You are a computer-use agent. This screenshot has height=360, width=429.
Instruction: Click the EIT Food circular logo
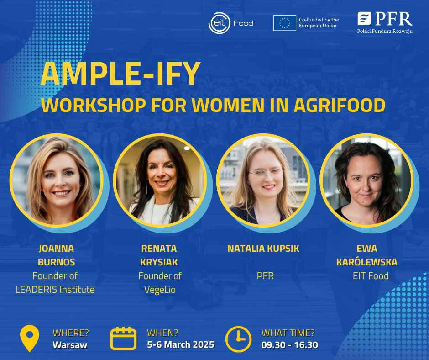coord(219,23)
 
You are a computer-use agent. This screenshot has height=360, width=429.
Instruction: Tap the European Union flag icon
coord(284,23)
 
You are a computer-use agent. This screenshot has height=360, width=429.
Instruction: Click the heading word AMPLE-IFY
coord(120,74)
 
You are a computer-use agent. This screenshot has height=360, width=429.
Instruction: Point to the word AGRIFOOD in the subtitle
coord(340,105)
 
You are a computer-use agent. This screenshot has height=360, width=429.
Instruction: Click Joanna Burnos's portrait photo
coord(57,180)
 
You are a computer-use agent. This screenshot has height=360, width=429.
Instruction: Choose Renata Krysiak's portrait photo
coord(160,180)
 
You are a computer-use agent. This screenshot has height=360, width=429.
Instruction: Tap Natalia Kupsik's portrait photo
coord(263,180)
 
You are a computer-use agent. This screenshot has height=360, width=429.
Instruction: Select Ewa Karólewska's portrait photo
coord(366,180)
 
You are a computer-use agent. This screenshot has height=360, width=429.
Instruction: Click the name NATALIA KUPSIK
coord(263,249)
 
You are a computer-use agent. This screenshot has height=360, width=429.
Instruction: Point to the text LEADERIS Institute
coord(55,290)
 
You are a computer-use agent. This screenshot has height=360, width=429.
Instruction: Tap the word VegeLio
coord(160,290)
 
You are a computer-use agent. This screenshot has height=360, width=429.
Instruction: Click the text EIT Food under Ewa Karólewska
coord(371,276)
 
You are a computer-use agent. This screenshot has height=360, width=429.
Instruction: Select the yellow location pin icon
coord(30,338)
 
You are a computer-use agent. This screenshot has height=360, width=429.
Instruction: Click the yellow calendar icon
coord(123,339)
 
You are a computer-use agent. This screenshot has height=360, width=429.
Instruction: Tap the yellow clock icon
coord(238,339)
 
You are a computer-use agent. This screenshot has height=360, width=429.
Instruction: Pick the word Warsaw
coord(70,345)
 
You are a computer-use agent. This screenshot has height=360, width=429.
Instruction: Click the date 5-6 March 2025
coord(181,344)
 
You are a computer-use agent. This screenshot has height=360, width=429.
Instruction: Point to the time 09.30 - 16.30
coord(289,345)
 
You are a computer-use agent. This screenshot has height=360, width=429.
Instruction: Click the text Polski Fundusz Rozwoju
coord(385,31)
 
